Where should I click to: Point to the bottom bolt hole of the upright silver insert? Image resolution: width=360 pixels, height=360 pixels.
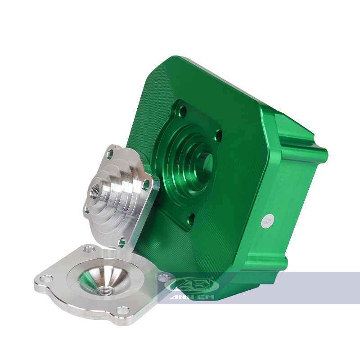(122, 243)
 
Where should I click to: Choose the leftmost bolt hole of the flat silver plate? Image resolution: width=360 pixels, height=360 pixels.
(43, 279)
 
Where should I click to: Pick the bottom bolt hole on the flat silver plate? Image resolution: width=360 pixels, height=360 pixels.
(122, 310)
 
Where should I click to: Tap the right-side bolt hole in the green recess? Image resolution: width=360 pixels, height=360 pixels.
(219, 134)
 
